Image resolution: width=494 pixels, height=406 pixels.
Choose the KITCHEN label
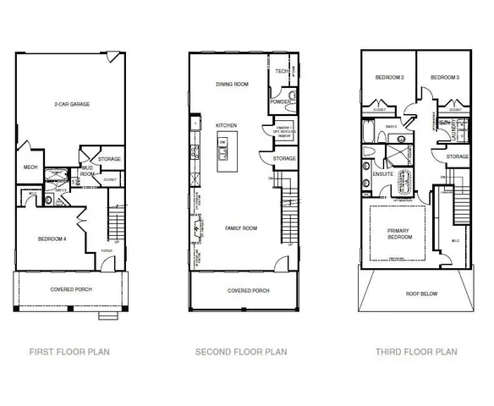[x=226, y=126]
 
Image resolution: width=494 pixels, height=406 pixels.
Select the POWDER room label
[x=280, y=101]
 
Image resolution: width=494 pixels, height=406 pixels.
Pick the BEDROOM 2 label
[x=388, y=78]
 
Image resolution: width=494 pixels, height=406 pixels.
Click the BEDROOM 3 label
[x=444, y=78]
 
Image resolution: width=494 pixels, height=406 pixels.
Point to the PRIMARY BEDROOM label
[x=399, y=234]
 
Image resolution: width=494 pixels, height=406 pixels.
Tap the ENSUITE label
[x=381, y=174]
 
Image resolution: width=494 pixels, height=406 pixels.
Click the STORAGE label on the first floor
[x=109, y=158]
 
